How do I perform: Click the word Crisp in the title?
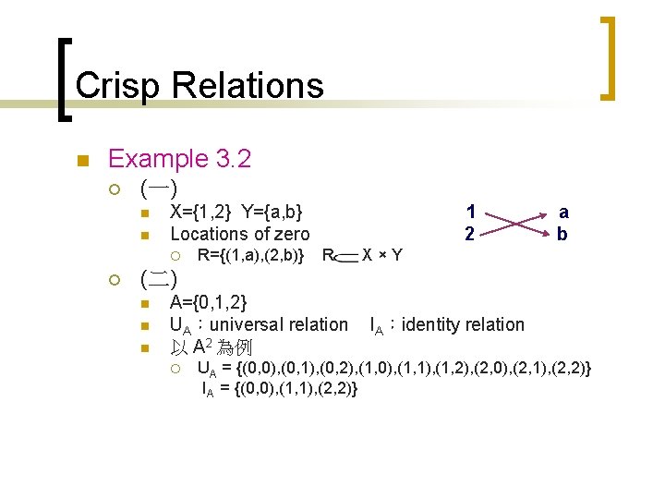pos(116,86)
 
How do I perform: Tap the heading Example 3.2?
pos(179,159)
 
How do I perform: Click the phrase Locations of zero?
pos(240,235)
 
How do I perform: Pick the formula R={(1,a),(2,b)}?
pos(251,254)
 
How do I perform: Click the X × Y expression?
pos(382,254)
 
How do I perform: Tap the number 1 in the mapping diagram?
pos(470,212)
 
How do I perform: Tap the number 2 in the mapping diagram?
pos(470,235)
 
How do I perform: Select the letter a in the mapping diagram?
pos(563,212)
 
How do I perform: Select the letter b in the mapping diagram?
pos(563,235)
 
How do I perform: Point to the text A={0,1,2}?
pos(209,302)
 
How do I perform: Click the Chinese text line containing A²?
pos(212,347)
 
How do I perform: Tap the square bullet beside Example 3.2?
pos(82,161)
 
